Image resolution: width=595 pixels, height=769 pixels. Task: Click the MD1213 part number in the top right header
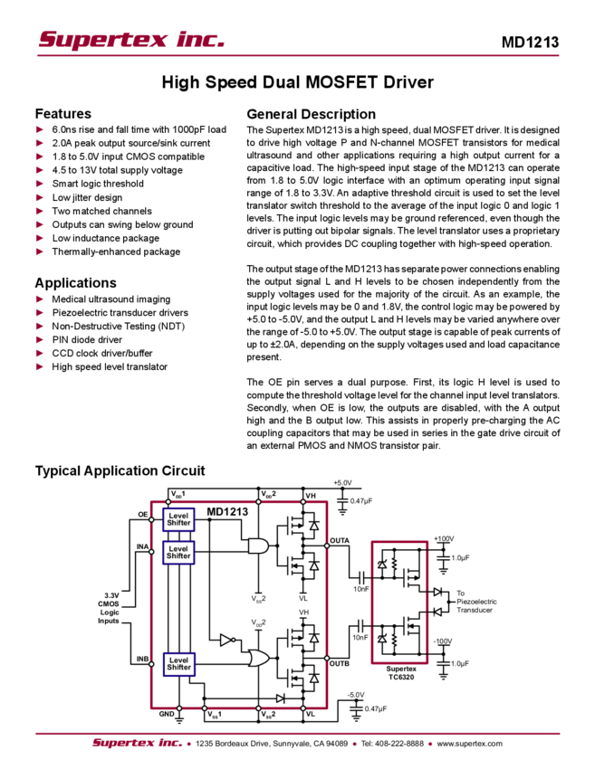tap(530, 43)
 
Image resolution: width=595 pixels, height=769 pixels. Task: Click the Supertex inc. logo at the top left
tap(131, 39)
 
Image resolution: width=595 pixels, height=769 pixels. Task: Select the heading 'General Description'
tap(311, 114)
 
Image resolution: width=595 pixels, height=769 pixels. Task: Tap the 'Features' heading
tap(62, 114)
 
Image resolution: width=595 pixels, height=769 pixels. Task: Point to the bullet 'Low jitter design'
tap(87, 197)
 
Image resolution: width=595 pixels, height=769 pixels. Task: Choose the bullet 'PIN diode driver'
tap(86, 340)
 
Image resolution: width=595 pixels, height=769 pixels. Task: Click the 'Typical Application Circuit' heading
tap(120, 470)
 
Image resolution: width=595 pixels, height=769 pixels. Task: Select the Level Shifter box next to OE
tap(178, 519)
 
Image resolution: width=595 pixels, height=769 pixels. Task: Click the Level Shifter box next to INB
tap(178, 663)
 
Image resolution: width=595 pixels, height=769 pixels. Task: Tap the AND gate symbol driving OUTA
tap(258, 546)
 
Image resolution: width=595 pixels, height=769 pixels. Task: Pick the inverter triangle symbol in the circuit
tap(227, 640)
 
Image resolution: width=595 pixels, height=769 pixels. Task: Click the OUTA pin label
tap(340, 540)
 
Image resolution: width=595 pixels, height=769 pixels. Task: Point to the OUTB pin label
tap(340, 663)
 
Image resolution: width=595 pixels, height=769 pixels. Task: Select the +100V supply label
tap(444, 538)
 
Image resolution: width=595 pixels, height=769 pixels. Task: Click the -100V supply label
tap(443, 641)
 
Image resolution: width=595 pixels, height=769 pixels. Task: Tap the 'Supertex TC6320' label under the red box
tap(401, 673)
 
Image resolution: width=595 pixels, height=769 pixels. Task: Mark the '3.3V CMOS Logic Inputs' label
tap(109, 608)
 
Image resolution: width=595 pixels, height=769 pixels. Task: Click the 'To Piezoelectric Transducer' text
tap(476, 602)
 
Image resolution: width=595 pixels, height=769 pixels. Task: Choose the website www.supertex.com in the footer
tap(469, 744)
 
